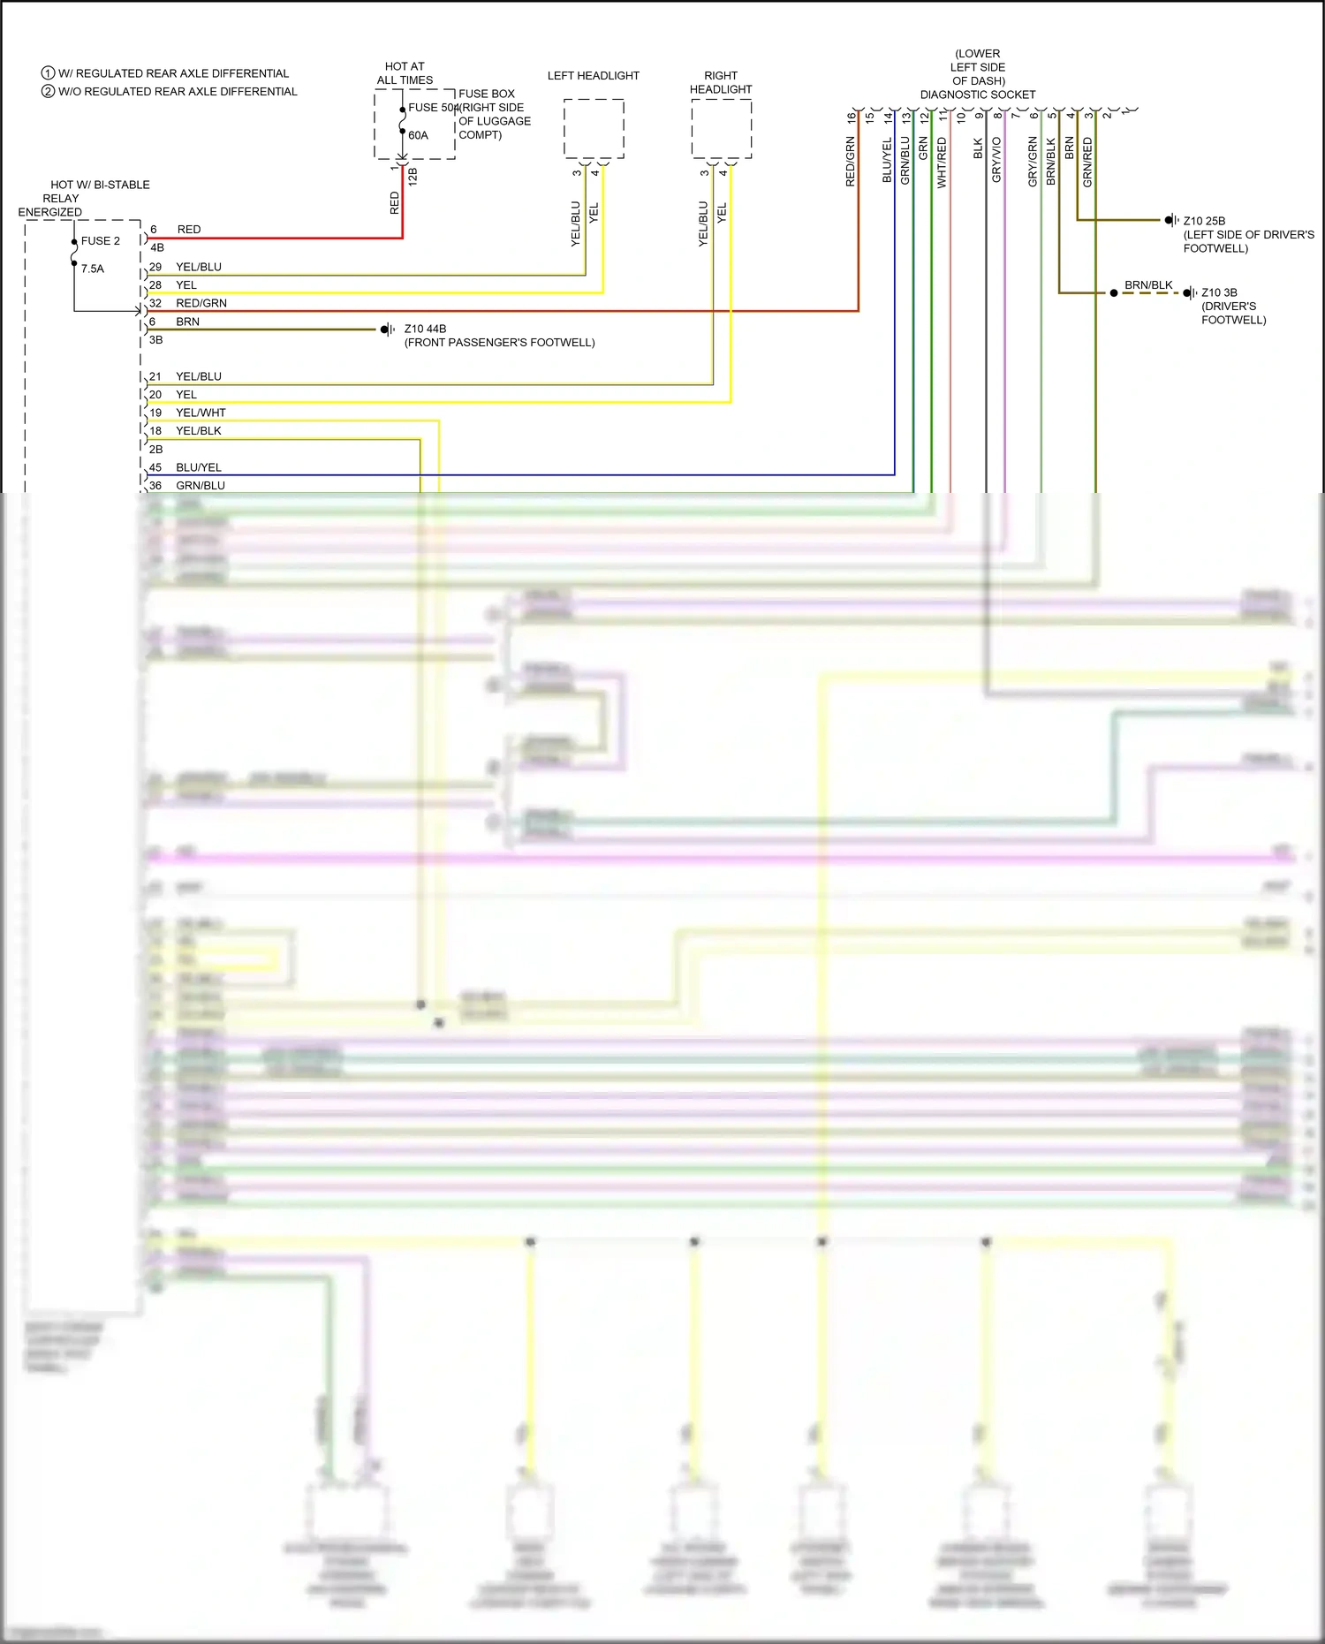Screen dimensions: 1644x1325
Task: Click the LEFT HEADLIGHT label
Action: point(593,76)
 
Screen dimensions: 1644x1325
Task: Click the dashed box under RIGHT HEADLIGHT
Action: point(721,129)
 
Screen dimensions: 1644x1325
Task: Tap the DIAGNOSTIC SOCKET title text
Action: point(977,95)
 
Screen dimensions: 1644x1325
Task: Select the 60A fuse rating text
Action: point(418,136)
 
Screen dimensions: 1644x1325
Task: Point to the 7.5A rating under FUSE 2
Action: point(93,269)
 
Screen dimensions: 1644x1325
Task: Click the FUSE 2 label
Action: point(100,241)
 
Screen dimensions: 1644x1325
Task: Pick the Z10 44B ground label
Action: point(425,329)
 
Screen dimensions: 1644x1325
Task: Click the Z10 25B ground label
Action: point(1204,221)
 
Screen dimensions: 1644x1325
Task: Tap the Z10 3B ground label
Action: point(1219,292)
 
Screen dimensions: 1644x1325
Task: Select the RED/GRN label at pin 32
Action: point(201,303)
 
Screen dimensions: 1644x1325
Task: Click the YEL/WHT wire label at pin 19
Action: point(201,413)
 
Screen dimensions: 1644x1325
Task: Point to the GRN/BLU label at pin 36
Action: point(201,486)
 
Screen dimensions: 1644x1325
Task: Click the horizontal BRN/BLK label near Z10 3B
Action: point(1148,285)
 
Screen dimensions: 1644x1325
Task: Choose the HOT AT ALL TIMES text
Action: point(405,73)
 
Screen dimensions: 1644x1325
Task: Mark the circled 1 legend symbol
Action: point(49,73)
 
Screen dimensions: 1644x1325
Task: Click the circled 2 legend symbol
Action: point(49,91)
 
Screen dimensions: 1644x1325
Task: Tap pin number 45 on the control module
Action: point(155,467)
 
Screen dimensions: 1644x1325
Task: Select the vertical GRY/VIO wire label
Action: point(996,160)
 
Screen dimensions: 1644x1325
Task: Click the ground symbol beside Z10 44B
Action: point(387,330)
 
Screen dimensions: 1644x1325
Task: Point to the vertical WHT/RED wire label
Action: point(942,163)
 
